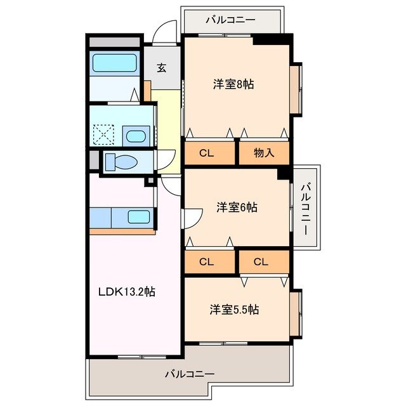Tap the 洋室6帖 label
pos(236,207)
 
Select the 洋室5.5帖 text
pos(234,310)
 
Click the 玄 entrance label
pos(162,68)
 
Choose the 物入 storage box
pos(263,153)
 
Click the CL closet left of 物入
pos(210,153)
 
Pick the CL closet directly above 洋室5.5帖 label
pos(263,261)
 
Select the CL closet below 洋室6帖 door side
pos(210,261)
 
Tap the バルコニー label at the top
pos(230,20)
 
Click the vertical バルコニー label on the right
pos(305,208)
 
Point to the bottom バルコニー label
pos(189,374)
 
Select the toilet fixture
pos(121,162)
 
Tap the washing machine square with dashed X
pos(103,134)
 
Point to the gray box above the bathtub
pos(114,43)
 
